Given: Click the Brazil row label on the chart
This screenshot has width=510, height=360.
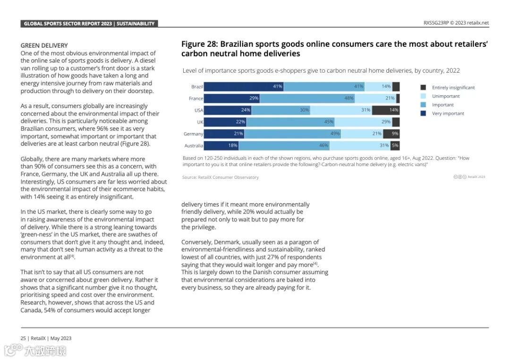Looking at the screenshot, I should tap(197, 87).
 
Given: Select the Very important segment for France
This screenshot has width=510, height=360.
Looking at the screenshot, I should tap(232, 99).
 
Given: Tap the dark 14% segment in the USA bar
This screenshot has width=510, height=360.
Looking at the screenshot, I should tap(385, 110).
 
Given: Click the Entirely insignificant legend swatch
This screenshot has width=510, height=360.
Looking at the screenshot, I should tap(423, 87).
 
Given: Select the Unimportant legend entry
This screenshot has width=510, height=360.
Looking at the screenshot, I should tap(445, 96).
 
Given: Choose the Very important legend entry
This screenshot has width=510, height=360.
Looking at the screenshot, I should tap(448, 113).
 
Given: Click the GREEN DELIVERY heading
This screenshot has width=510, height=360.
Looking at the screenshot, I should tap(44, 46).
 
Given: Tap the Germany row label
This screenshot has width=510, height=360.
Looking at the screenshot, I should tap(194, 134).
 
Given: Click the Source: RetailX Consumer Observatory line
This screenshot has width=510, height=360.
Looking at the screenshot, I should tap(221, 177).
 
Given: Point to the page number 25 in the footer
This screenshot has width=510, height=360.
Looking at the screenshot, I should tap(23, 338).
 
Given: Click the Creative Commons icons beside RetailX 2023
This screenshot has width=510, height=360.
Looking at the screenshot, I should tap(460, 177).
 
